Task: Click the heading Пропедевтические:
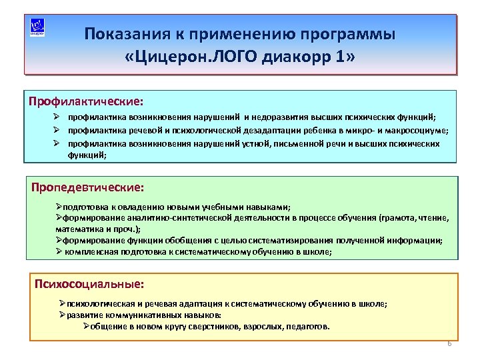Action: click(87, 187)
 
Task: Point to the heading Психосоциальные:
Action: click(89, 284)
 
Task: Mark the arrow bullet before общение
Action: click(86, 327)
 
